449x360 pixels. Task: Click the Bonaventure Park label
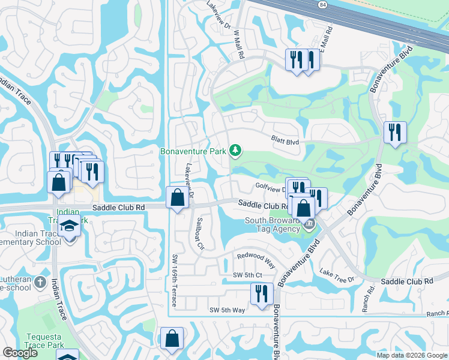click(x=193, y=151)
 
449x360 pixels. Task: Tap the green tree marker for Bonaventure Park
click(x=236, y=150)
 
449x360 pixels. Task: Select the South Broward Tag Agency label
click(x=272, y=224)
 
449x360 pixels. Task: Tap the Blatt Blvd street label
click(x=285, y=142)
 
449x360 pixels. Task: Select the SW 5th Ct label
click(x=248, y=275)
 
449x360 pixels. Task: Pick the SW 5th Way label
click(x=227, y=310)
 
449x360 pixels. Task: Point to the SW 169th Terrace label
click(x=175, y=281)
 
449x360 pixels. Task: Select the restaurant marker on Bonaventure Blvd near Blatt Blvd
click(x=394, y=132)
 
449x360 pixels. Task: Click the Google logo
click(x=20, y=353)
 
